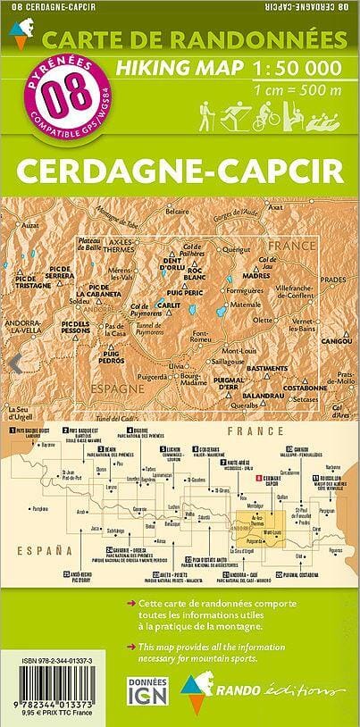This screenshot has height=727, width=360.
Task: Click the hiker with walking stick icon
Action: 207,114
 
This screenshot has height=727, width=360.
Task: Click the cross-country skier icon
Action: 234,114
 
